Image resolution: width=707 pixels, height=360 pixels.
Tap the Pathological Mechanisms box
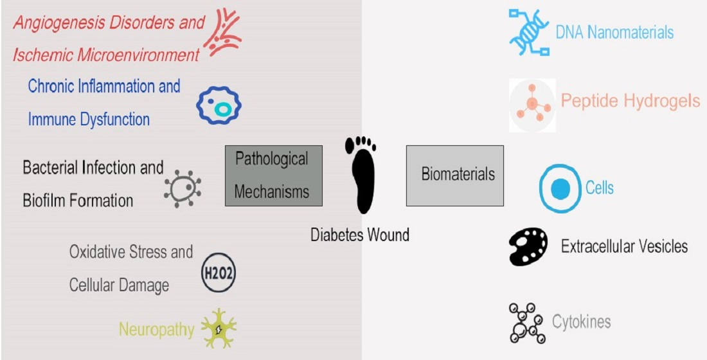point(273,175)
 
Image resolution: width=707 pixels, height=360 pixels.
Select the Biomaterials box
point(454,174)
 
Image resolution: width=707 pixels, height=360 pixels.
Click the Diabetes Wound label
point(360,235)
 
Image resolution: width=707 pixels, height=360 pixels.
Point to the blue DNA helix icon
point(529,32)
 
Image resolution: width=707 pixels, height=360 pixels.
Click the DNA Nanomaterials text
point(614,32)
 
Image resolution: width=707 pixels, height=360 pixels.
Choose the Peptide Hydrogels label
point(630,101)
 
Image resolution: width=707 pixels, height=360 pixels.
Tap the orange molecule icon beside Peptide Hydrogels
point(532,105)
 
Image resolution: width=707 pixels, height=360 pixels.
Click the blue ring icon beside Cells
point(560,188)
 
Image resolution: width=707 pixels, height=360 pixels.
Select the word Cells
point(599,188)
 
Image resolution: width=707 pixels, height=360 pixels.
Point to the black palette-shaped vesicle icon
point(528,247)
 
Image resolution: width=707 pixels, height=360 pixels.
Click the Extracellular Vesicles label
point(624,246)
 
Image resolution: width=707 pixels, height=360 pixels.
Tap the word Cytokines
point(581,321)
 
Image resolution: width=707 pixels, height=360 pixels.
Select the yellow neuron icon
point(219,328)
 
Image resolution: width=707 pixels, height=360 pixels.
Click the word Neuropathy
point(156,330)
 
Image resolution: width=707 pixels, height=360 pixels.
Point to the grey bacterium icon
point(183,188)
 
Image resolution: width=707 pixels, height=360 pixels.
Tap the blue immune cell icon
point(219,107)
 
